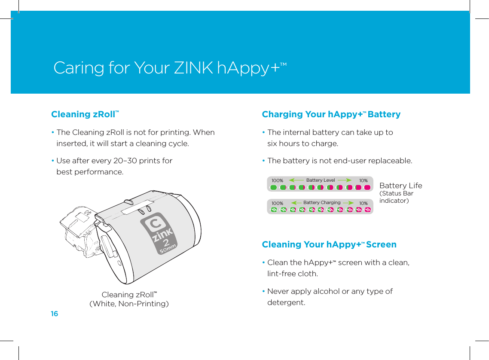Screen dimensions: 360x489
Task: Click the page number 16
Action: pos(54,314)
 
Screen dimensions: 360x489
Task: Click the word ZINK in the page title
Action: pos(193,68)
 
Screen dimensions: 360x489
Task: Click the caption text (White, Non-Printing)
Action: pos(129,304)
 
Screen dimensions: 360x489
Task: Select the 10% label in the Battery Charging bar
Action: pos(364,203)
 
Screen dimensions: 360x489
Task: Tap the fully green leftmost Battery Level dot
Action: pos(274,187)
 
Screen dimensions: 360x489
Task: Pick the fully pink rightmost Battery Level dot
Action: pos(367,187)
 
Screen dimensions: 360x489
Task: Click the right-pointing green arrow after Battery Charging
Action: pos(348,202)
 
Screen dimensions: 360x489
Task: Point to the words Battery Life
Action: pos(400,186)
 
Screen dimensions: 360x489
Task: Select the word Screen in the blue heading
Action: pos(381,244)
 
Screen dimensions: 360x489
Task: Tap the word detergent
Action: pos(286,302)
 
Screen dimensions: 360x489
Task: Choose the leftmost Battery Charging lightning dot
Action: pos(274,210)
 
